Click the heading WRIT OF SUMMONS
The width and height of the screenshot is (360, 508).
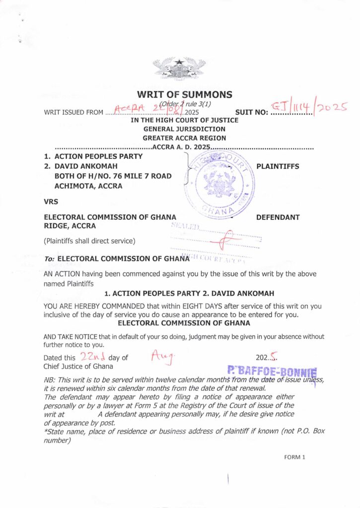(184, 95)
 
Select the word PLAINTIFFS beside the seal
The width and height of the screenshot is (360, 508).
(278, 166)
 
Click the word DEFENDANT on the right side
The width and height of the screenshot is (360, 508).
(278, 217)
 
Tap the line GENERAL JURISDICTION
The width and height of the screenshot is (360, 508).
(184, 129)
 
